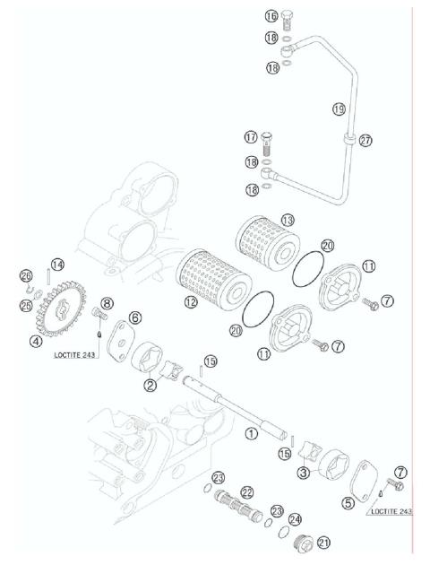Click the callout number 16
[x=271, y=16]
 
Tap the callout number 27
[x=365, y=140]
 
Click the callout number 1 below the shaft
[x=252, y=433]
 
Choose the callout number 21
[x=323, y=542]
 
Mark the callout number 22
[x=246, y=491]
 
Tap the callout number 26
[x=26, y=274]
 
